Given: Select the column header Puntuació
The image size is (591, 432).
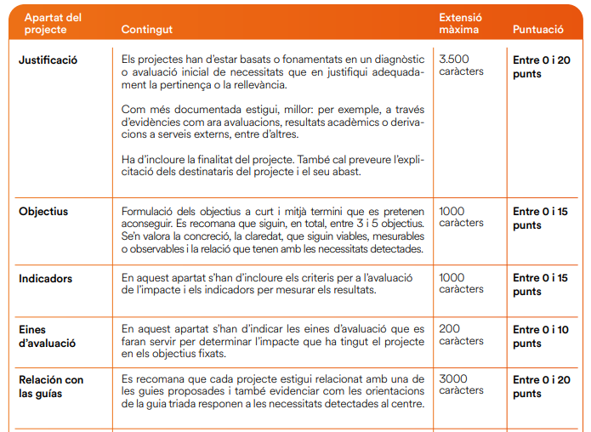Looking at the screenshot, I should (x=537, y=30).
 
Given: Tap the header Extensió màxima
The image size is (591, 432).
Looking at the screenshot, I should (x=459, y=23).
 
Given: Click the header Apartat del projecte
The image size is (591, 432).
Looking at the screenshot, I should (x=53, y=23).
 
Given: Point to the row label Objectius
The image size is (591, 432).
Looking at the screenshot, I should (x=43, y=212).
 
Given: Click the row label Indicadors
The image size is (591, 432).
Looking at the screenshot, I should (x=45, y=278).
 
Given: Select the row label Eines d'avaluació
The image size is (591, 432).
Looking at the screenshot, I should (x=47, y=336).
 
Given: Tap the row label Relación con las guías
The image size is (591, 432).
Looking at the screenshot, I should (x=51, y=386).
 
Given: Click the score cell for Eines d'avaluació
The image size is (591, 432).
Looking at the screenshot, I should (x=541, y=336).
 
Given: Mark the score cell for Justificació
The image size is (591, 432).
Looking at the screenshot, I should (x=541, y=66).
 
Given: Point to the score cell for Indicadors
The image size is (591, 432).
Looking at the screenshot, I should (x=541, y=284).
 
